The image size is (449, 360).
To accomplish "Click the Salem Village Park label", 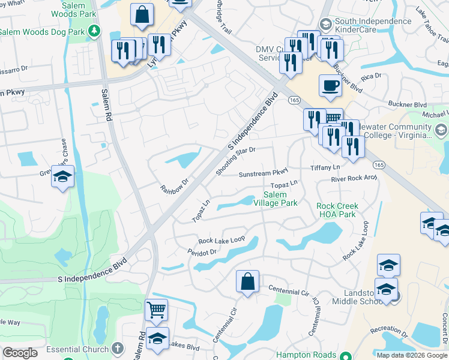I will [x=280, y=199].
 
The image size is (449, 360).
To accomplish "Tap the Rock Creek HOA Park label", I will [x=337, y=210].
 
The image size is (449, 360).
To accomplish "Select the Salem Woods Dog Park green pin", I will [x=94, y=30].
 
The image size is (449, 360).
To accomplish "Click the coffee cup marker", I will [x=330, y=85].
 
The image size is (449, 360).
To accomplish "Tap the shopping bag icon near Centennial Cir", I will [x=247, y=281].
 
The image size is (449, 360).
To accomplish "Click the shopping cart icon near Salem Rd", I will [x=156, y=310].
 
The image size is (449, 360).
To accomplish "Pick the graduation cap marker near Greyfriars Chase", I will [x=62, y=176].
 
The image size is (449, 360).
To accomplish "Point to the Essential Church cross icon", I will [x=118, y=348].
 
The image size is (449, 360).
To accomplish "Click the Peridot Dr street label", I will [x=201, y=253].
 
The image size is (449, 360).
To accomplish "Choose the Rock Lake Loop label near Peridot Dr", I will [x=221, y=239].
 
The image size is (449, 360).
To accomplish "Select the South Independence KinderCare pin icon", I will [x=325, y=24].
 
